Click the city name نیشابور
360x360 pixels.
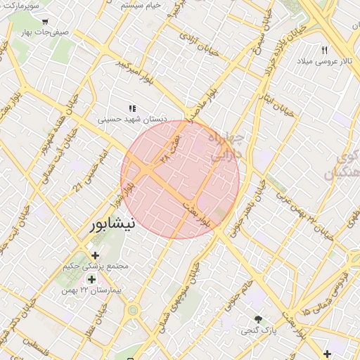112,224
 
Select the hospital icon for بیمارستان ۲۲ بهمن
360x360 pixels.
92,279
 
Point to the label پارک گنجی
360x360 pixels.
259,329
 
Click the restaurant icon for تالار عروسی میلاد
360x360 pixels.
324,50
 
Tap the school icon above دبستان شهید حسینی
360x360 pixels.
132,108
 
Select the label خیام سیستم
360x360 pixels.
141,5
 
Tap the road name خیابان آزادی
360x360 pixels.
197,41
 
